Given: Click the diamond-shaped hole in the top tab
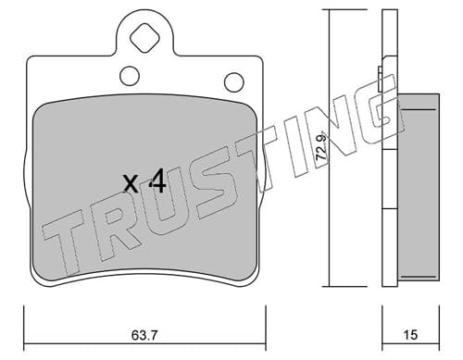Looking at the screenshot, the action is tap(144, 38).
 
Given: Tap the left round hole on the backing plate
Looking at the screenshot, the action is tap(130, 76).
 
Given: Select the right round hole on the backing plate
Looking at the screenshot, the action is tap(234, 82).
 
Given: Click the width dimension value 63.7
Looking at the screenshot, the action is tap(144, 335).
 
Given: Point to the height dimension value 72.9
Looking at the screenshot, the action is tap(322, 147).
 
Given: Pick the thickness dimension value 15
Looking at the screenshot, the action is tap(410, 335).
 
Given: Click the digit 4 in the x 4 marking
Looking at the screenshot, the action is tap(157, 182).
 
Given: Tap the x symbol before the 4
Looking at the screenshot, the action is tap(131, 183).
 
